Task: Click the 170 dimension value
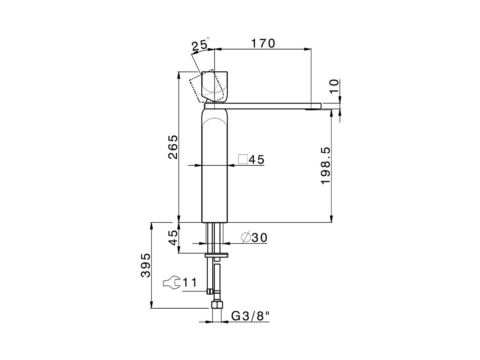[263, 43]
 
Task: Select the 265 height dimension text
[173, 147]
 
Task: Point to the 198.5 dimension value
[325, 165]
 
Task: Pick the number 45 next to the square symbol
[257, 160]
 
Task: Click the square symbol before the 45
[243, 159]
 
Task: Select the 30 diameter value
[259, 238]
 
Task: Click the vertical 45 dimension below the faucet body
[173, 237]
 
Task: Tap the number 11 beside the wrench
[190, 282]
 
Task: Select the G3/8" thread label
[250, 316]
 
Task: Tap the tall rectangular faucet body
[214, 169]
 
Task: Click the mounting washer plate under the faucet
[216, 255]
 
